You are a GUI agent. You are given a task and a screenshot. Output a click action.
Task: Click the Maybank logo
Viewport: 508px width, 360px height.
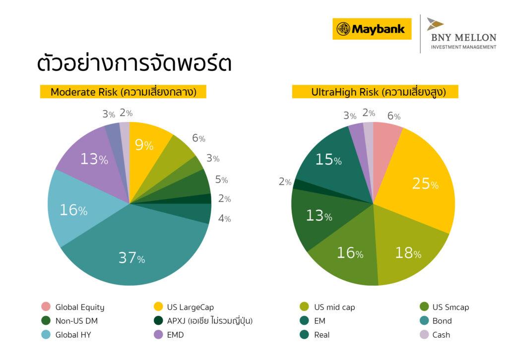pos(372,29)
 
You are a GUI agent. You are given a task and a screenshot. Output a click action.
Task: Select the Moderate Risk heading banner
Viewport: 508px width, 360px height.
pos(123,92)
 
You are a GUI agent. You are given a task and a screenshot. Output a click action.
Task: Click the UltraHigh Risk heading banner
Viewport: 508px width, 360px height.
pos(375,92)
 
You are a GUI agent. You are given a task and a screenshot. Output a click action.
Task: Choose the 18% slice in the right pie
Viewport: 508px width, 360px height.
pos(407,250)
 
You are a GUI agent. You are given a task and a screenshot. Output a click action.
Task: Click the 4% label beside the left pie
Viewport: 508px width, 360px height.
pos(224,218)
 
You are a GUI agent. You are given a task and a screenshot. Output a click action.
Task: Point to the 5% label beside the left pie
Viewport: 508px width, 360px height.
pos(221,180)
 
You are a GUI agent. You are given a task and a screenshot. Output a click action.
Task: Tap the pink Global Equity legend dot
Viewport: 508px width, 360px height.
pos(46,307)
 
